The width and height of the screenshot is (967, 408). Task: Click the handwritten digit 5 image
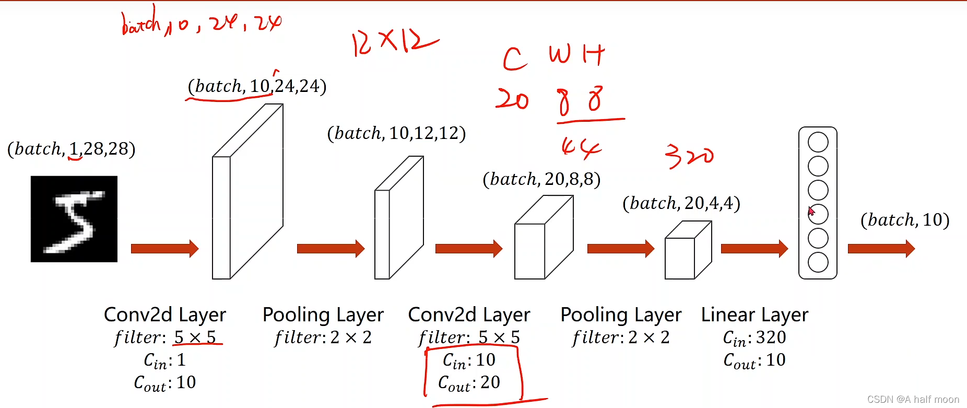(74, 219)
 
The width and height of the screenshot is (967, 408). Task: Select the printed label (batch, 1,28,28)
(72, 149)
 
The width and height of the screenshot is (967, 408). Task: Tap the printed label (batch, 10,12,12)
(396, 133)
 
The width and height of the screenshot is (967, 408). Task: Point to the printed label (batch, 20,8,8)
(541, 179)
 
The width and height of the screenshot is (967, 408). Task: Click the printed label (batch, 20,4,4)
(681, 203)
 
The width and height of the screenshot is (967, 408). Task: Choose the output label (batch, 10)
(905, 220)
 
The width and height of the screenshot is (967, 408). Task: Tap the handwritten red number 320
(689, 156)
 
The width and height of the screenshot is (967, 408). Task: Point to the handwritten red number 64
(581, 148)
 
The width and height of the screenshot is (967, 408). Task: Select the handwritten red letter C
(514, 59)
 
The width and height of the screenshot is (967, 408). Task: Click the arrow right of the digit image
(164, 249)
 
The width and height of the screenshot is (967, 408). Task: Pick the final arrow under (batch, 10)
(881, 249)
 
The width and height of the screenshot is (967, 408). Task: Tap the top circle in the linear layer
(818, 142)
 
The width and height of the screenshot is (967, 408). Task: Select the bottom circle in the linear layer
(818, 262)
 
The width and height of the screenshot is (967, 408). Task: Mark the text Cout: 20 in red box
(469, 383)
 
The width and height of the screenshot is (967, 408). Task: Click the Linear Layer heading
(754, 314)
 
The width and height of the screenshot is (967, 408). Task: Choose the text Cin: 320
(754, 338)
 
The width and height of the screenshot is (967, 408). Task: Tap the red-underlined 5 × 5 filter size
(195, 337)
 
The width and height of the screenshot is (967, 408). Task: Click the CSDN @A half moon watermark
(913, 400)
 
